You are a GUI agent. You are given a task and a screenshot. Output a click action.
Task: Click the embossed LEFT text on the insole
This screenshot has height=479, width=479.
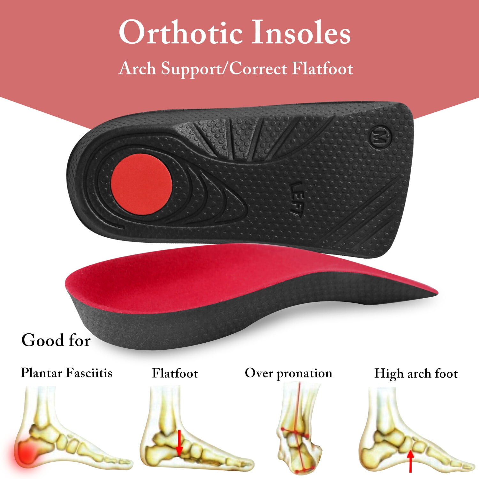pyautogui.click(x=297, y=199)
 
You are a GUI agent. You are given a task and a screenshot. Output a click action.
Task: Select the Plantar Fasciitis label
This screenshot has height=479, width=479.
pyautogui.click(x=66, y=373)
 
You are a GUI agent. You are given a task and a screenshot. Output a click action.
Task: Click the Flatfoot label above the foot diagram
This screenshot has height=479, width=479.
pyautogui.click(x=175, y=373)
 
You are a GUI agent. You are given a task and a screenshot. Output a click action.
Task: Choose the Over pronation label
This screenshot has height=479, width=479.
pyautogui.click(x=288, y=373)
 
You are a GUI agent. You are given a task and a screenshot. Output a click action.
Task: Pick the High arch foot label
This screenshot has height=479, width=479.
pyautogui.click(x=416, y=373)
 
